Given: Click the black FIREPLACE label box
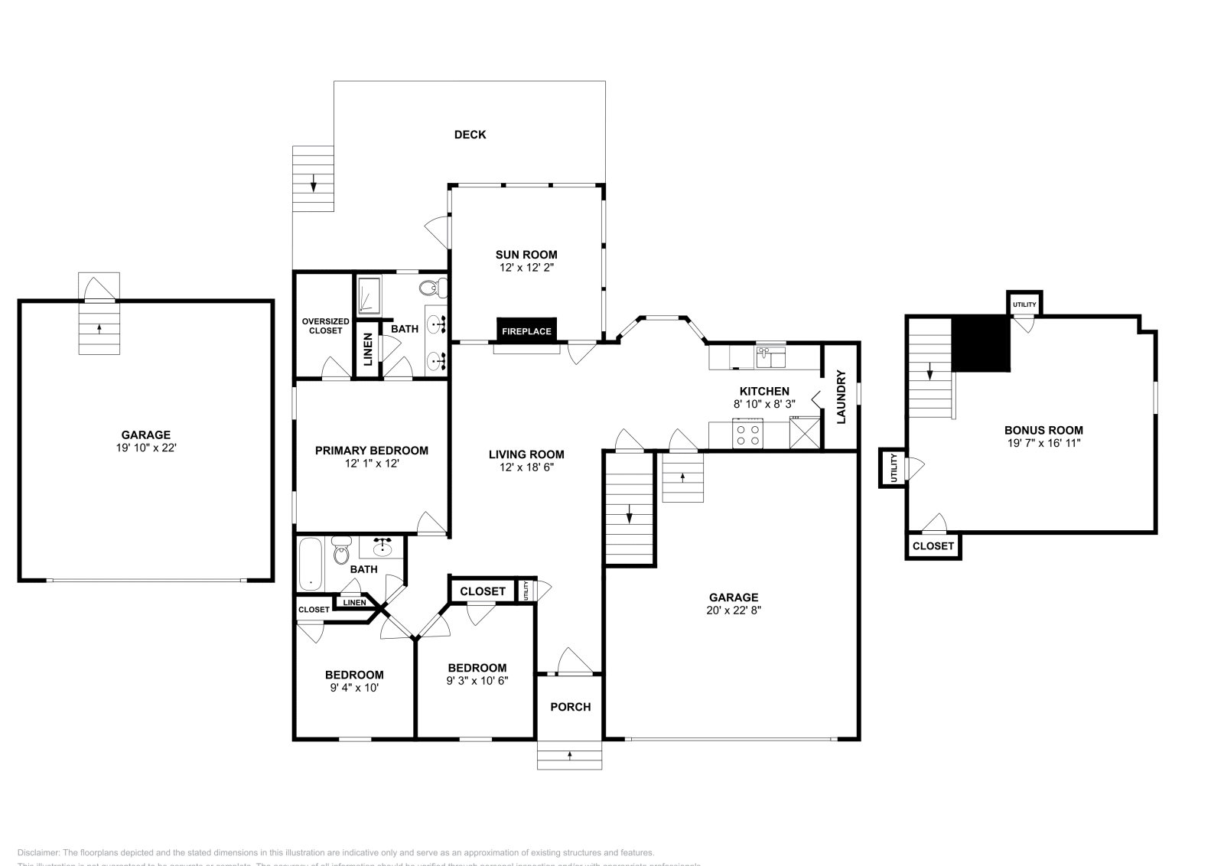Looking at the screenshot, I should [526, 330].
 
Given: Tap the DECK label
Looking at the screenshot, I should [470, 135].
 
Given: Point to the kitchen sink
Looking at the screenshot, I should [770, 356].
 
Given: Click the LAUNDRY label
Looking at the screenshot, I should [841, 396].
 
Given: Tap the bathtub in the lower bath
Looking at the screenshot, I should [311, 564].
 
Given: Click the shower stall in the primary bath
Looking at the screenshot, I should [369, 297].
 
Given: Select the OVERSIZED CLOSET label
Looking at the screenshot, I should [325, 326].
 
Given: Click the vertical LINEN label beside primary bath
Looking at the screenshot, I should [368, 349].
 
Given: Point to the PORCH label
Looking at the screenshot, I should [570, 707].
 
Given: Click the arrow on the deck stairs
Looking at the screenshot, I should [313, 184].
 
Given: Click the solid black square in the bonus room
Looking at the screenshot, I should [981, 344].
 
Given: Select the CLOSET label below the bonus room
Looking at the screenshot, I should [933, 546].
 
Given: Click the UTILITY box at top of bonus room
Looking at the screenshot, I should [1024, 304].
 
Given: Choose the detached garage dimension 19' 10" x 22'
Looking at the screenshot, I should [145, 448].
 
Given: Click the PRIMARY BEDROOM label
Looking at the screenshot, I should [371, 451].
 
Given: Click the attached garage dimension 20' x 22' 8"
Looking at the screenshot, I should [733, 610].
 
